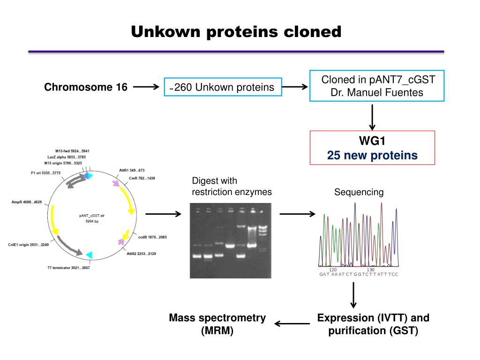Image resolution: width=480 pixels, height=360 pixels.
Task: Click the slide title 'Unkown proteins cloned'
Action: pos(236,32)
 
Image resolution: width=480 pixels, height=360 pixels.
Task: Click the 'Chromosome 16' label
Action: pos(86,87)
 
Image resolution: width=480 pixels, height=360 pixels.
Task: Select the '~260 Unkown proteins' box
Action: pos(223,87)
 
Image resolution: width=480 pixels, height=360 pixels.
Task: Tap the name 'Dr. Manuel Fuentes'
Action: pos(377,92)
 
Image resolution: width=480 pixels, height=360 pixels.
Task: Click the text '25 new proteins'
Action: pos(372,155)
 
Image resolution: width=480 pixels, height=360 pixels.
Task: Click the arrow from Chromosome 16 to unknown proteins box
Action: pos(146,87)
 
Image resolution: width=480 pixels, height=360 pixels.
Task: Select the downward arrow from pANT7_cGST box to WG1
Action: pos(372,117)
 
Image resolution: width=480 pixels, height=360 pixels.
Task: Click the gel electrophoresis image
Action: pos(230,240)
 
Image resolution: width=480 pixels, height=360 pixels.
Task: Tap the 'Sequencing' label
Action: pos(359,192)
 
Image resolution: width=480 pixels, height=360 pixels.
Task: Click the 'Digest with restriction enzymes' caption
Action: pos(232,187)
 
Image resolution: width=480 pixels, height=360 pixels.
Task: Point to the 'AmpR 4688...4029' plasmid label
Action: pos(27,202)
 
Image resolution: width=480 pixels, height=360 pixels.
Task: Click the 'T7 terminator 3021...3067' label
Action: pos(68,268)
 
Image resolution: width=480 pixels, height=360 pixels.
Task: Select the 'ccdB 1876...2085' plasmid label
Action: pos(152,237)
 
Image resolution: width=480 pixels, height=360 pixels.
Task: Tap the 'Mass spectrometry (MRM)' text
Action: pos(217,324)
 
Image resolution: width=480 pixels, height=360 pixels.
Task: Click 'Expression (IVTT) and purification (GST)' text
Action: pos(373,324)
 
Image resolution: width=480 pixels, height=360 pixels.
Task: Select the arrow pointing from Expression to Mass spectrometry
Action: pos(292,323)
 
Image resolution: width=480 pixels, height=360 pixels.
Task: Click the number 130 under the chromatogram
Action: pos(370,270)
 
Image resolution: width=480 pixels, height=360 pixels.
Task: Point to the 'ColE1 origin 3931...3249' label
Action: pos(28,245)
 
